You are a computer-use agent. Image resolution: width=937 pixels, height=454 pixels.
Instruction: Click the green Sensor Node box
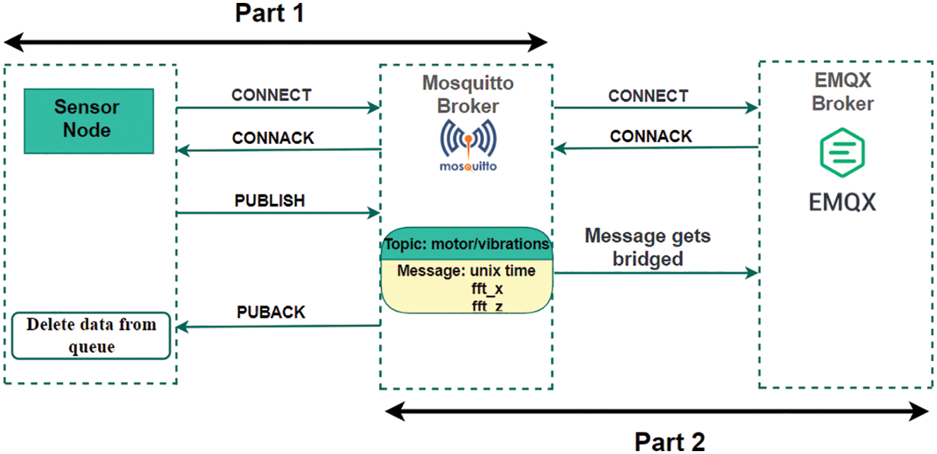pyautogui.click(x=88, y=120)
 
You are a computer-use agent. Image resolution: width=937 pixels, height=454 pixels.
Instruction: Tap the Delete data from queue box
pyautogui.click(x=91, y=335)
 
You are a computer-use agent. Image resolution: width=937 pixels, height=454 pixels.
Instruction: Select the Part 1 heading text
pyautogui.click(x=269, y=13)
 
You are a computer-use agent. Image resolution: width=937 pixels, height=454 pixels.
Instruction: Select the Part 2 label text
pyautogui.click(x=669, y=441)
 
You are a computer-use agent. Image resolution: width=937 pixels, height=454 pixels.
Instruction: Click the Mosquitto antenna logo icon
pyautogui.click(x=468, y=140)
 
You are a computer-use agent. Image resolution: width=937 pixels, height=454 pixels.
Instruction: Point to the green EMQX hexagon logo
pyautogui.click(x=842, y=152)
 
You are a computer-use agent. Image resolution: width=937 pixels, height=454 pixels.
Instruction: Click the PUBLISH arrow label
pyautogui.click(x=269, y=201)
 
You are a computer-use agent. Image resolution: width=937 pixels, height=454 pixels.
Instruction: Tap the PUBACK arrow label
pyautogui.click(x=271, y=312)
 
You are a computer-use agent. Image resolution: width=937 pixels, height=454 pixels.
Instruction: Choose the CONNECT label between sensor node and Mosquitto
pyautogui.click(x=271, y=95)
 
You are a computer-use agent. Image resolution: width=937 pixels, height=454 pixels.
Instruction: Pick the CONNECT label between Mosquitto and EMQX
pyautogui.click(x=648, y=96)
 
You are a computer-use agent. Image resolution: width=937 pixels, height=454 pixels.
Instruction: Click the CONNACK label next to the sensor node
pyautogui.click(x=272, y=138)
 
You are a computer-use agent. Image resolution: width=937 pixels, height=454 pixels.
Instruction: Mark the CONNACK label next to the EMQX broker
pyautogui.click(x=651, y=136)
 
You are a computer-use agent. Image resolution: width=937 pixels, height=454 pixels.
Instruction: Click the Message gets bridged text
pyautogui.click(x=648, y=247)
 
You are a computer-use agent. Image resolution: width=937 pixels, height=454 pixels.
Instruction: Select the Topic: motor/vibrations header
pyautogui.click(x=467, y=244)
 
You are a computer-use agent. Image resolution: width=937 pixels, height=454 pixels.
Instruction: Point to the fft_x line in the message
pyautogui.click(x=487, y=289)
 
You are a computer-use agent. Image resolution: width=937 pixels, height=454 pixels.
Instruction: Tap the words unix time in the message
pyautogui.click(x=502, y=271)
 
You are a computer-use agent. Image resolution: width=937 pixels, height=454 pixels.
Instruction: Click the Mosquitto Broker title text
pyautogui.click(x=468, y=94)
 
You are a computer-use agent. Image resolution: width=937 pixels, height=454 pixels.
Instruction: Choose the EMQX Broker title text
pyautogui.click(x=842, y=91)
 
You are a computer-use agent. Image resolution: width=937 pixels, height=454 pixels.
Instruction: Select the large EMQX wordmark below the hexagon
pyautogui.click(x=842, y=202)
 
